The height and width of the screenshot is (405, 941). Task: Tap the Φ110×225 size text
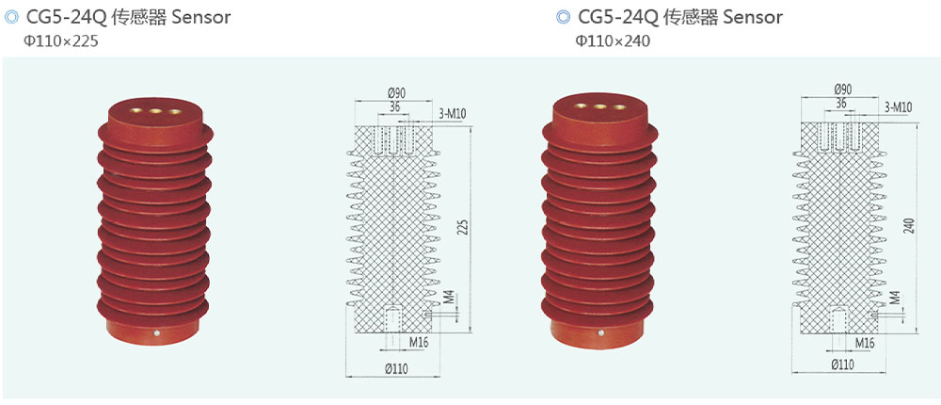coord(61,41)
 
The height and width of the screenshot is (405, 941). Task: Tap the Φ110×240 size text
coord(612,41)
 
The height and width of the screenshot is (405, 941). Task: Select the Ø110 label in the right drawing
coord(842,364)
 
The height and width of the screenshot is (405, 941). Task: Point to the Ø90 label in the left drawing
coord(396,92)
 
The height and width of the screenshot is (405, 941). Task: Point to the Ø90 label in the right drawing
coord(842,89)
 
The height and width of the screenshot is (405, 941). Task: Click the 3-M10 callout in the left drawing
coord(453,114)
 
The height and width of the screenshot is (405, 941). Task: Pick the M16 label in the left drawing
coord(419,343)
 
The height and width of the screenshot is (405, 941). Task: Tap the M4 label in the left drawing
coord(450,299)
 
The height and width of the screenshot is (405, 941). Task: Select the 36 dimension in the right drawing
coord(840,104)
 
